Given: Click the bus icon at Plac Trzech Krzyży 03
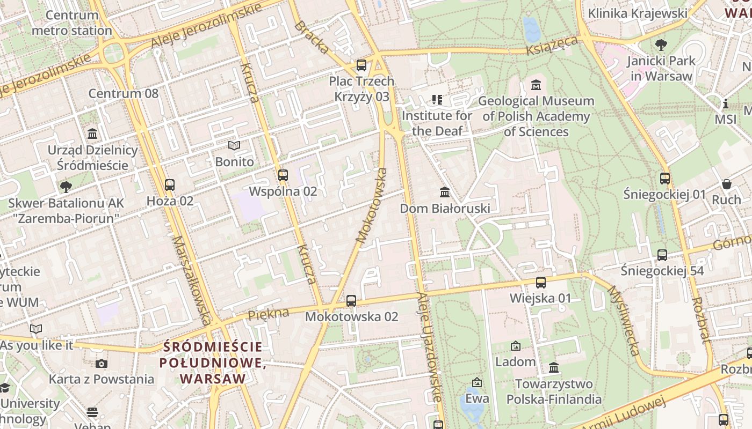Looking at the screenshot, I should point(361,65).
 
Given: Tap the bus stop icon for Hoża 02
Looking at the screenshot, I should point(170,185).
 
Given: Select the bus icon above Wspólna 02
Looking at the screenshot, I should point(283,175).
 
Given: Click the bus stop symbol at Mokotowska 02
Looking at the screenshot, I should point(351,301).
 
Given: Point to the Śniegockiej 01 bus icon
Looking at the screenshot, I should point(665,179).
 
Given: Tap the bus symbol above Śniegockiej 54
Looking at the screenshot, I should point(662,255).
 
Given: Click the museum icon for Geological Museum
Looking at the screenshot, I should point(536,85).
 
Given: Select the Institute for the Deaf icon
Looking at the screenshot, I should point(437,100).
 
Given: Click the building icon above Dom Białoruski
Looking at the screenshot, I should point(445,192).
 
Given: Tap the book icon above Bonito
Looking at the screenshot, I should point(234,146).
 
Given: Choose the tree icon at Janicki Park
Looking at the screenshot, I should point(661,45).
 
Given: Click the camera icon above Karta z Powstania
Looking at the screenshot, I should point(101,364).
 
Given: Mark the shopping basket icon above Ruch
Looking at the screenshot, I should point(726,184).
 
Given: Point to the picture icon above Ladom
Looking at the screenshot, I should point(516,346).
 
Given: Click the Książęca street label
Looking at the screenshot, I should point(552,45).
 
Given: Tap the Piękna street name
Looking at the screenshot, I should point(269,314).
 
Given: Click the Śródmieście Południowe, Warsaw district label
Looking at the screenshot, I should point(213,363).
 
